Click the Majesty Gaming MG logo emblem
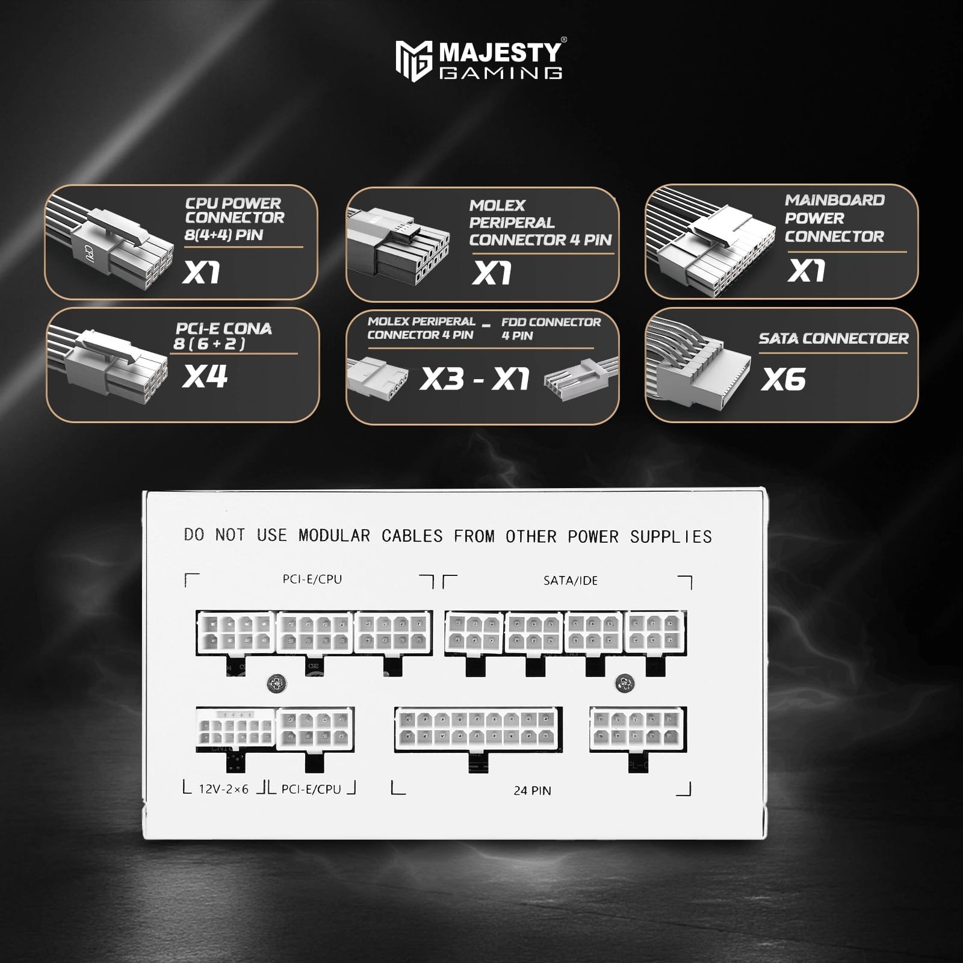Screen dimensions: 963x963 413,61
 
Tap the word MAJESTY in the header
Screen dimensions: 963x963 500,52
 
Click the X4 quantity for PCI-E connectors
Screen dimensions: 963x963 205,376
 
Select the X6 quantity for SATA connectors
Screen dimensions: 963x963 783,379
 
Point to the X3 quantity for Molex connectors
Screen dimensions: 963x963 442,379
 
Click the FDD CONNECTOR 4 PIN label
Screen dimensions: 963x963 551,329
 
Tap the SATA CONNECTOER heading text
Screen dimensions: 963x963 834,338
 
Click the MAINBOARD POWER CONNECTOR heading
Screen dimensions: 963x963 835,218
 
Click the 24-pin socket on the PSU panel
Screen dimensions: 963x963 478,729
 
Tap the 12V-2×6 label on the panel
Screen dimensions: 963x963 223,789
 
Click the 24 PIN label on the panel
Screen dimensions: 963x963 532,790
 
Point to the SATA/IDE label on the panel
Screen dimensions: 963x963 571,580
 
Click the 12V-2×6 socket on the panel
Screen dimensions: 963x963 235,729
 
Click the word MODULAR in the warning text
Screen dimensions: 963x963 334,535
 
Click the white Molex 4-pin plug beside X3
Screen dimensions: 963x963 377,377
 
